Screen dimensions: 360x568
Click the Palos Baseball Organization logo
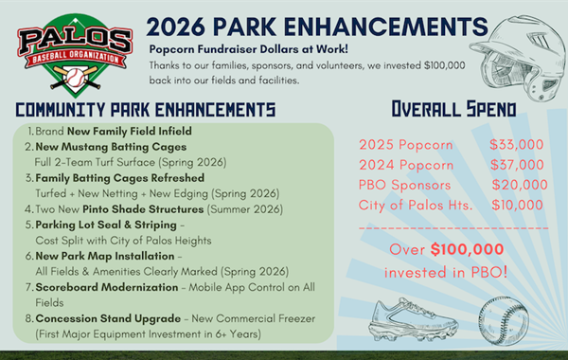pyautogui.click(x=73, y=53)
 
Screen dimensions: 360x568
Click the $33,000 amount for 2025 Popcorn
pyautogui.click(x=516, y=144)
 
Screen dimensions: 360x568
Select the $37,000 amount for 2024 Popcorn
pyautogui.click(x=516, y=164)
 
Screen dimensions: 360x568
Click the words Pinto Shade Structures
pyautogui.click(x=133, y=208)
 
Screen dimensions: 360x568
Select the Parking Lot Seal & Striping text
pyautogui.click(x=95, y=224)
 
